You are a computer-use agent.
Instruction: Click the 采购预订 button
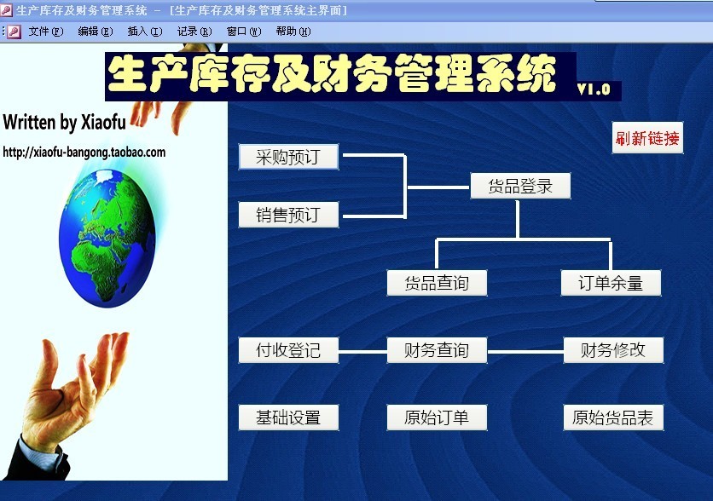coord(288,157)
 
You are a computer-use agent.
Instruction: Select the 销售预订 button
coord(288,215)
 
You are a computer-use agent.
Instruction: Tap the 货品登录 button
coord(520,186)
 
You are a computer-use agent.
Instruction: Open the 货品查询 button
coord(437,283)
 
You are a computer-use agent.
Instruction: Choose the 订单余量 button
coord(611,283)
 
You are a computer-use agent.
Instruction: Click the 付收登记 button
coord(288,350)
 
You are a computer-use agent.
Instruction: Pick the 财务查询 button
coord(437,350)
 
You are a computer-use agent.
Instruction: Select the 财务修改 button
coord(613,350)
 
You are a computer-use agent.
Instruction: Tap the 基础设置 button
coord(288,417)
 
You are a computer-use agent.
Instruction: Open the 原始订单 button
coord(437,417)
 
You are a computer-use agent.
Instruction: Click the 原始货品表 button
coord(613,417)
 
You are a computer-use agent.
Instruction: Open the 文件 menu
coord(45,32)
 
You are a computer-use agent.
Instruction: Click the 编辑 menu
coord(95,32)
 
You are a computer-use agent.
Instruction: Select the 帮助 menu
coord(293,32)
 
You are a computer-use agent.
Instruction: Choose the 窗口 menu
coord(244,32)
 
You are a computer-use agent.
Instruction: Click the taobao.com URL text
coord(84,153)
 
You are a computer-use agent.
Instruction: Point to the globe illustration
coord(107,238)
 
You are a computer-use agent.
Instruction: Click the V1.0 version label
coord(594,89)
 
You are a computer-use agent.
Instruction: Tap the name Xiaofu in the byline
coord(103,122)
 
